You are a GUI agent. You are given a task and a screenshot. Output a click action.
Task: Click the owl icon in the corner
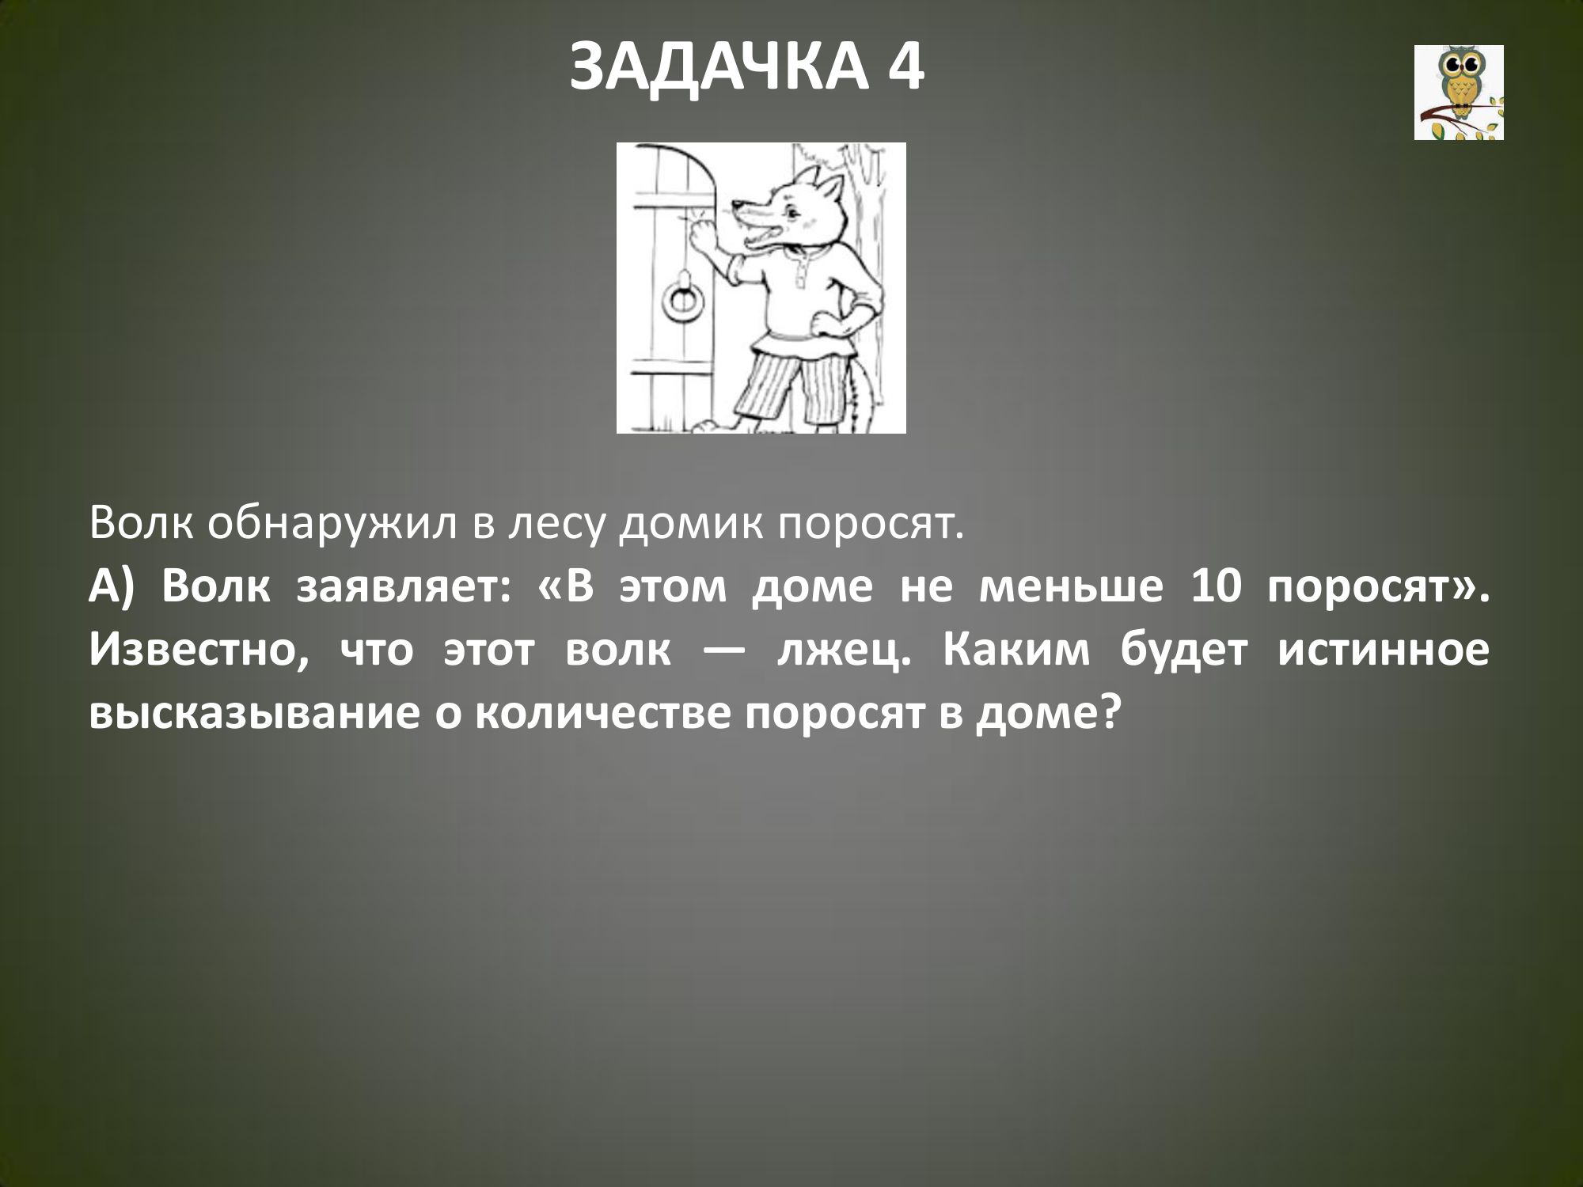pos(1459,93)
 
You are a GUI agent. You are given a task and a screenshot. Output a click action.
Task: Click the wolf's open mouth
pos(757,230)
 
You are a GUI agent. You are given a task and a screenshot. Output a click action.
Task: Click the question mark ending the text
pos(1111,711)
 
